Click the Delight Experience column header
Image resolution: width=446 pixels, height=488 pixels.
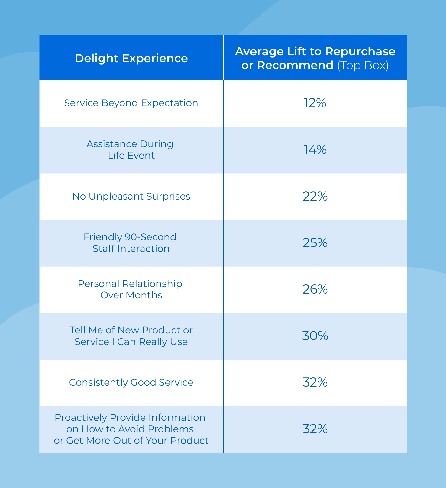pyautogui.click(x=131, y=58)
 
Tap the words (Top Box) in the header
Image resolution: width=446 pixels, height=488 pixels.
pyautogui.click(x=363, y=65)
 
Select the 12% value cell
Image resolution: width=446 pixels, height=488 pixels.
pyautogui.click(x=315, y=103)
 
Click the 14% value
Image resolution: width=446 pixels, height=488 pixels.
pyautogui.click(x=315, y=150)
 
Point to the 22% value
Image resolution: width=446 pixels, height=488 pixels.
pyautogui.click(x=315, y=197)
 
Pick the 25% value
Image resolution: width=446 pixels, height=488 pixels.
pyautogui.click(x=315, y=243)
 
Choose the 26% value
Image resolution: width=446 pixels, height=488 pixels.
pyautogui.click(x=315, y=290)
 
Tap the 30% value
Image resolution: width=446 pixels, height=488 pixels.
pyautogui.click(x=315, y=336)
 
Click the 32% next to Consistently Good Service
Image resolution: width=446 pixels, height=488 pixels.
pyautogui.click(x=315, y=383)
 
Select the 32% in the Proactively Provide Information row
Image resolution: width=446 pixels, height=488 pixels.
pyautogui.click(x=315, y=429)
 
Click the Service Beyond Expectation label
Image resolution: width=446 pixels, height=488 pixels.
pyautogui.click(x=131, y=103)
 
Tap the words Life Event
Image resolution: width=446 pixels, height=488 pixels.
pyautogui.click(x=131, y=156)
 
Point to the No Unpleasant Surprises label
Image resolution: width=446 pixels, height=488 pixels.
pyautogui.click(x=131, y=197)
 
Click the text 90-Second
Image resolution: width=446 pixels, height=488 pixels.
pyautogui.click(x=150, y=237)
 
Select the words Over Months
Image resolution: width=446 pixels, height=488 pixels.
pyautogui.click(x=131, y=295)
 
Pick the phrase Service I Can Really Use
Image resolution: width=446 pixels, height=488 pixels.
pyautogui.click(x=131, y=342)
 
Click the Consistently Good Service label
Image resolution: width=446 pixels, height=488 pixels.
pyautogui.click(x=131, y=383)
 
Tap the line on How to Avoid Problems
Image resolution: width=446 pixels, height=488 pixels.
pyautogui.click(x=130, y=429)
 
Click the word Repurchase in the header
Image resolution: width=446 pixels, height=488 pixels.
pyautogui.click(x=360, y=51)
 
